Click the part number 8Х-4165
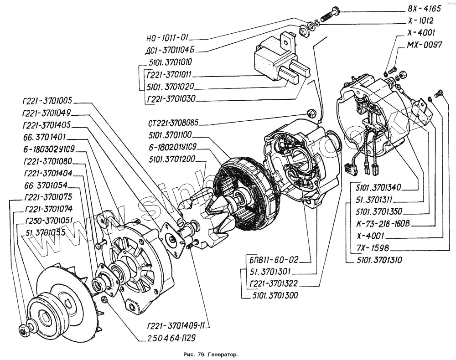tap(424, 9)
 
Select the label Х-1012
tap(420, 21)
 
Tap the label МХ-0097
tap(424, 45)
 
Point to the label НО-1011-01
tap(167, 38)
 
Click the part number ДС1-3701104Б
tap(170, 50)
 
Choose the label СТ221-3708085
tap(173, 123)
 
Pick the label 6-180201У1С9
tap(173, 147)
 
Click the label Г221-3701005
tap(47, 101)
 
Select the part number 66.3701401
tap(45, 137)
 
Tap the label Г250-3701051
tap(49, 221)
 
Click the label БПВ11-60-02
tap(274, 259)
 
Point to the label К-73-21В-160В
tap(383, 224)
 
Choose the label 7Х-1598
tap(373, 248)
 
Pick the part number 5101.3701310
tap(379, 260)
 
